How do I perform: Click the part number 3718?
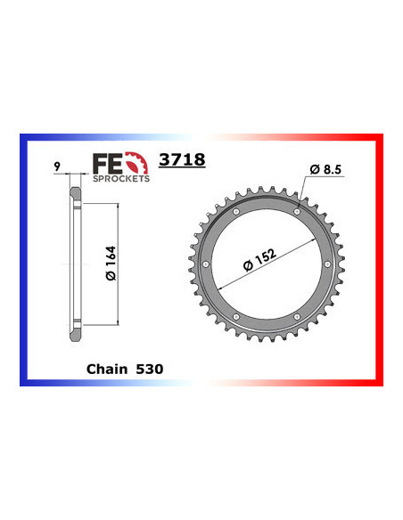[181, 160]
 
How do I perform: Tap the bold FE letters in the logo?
[104, 163]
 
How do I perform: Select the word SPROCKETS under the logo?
[121, 178]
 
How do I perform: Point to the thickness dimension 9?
[56, 165]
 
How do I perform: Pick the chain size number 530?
[150, 367]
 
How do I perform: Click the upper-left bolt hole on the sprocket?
[234, 212]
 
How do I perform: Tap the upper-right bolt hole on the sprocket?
[297, 212]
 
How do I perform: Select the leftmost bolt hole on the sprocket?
[204, 265]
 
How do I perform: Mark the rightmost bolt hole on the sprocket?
[326, 265]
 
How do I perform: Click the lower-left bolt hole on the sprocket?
[234, 318]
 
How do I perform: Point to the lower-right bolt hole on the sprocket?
[297, 318]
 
